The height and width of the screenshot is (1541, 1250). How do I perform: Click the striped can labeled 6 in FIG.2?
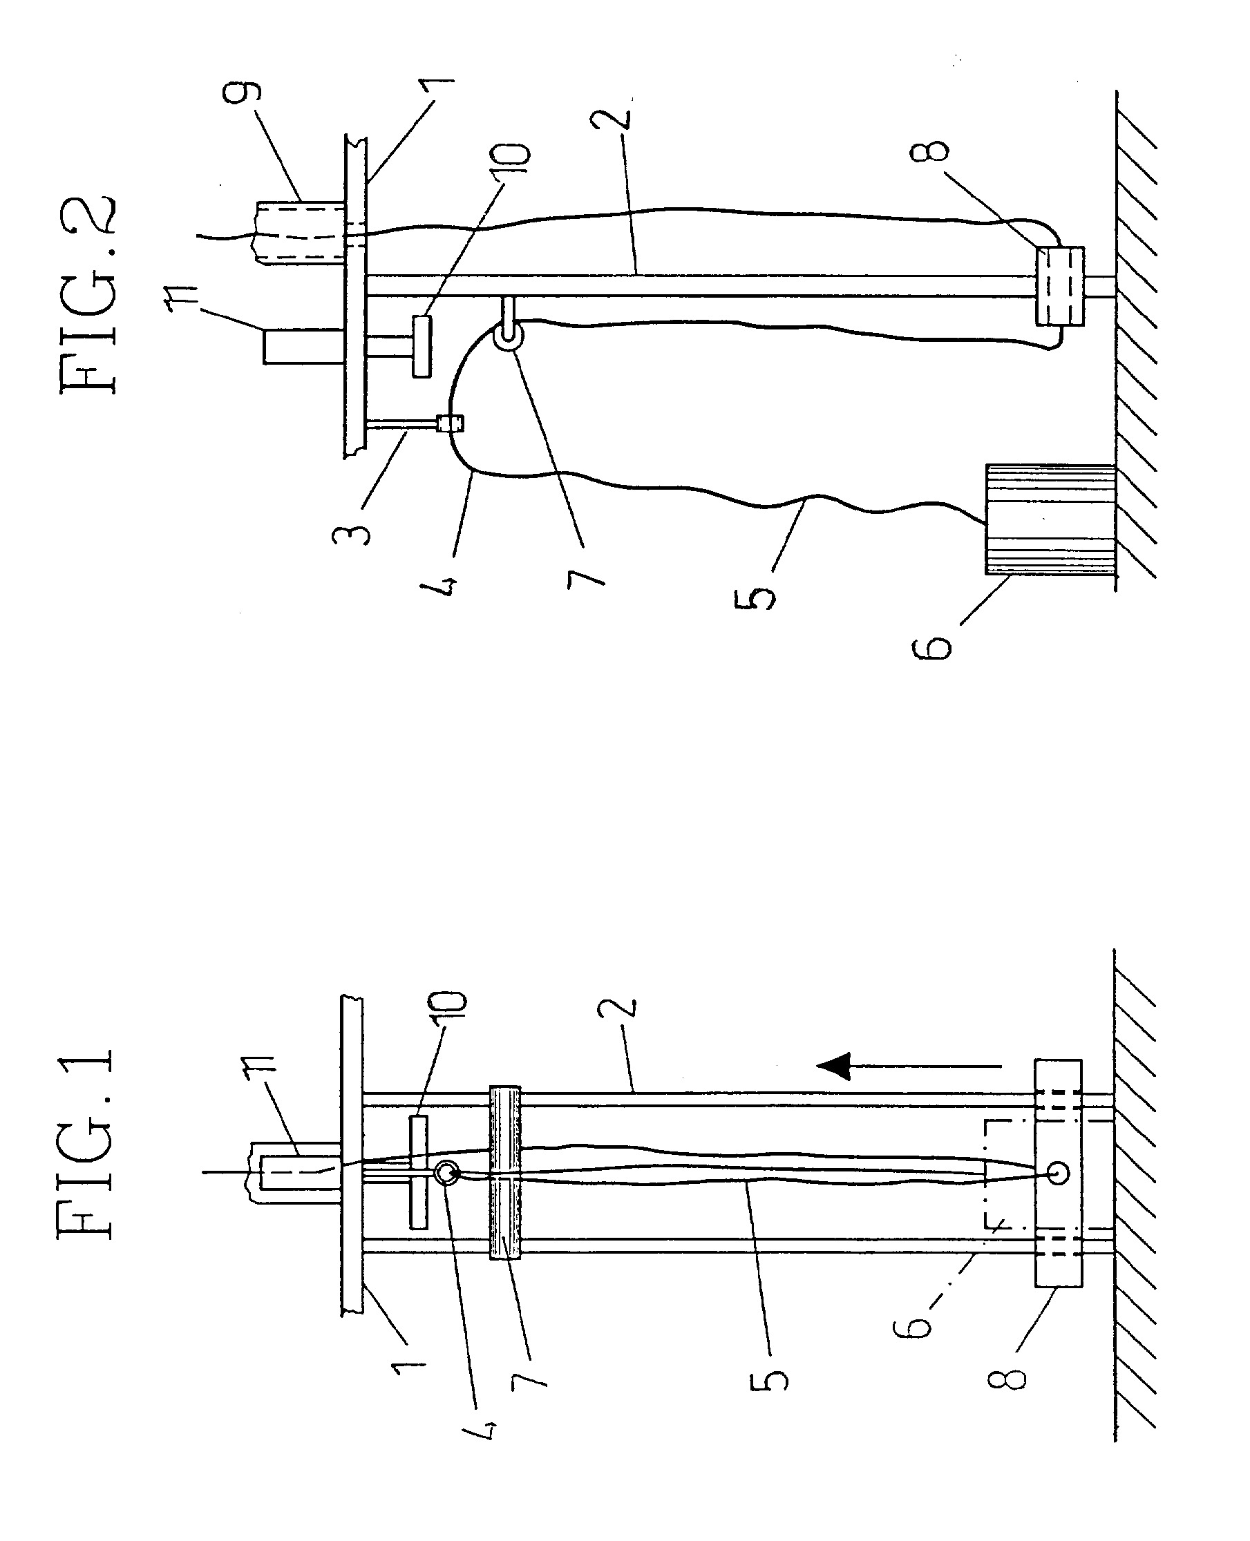point(1049,519)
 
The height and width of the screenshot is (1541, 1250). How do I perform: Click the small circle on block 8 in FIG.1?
point(1057,1174)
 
